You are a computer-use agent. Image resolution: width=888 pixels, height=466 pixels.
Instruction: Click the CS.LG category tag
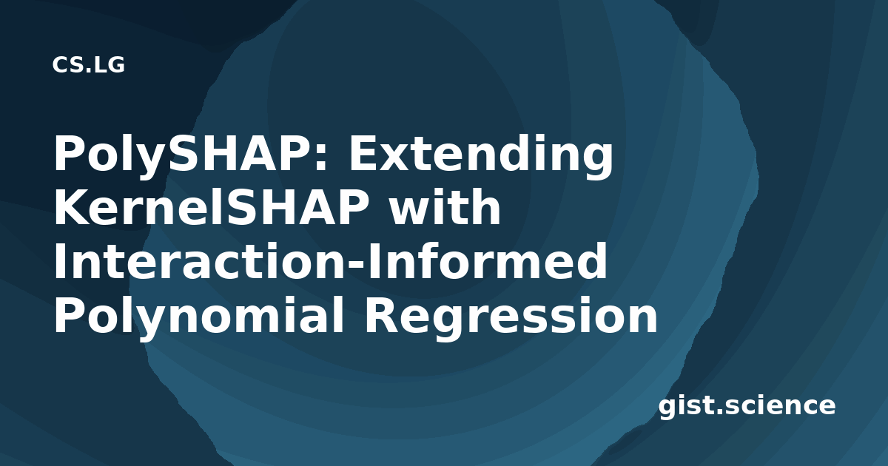coord(88,65)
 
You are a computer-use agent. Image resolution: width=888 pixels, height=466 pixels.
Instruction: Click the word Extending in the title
coord(480,155)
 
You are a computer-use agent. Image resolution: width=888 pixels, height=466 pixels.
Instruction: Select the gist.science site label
coord(747,406)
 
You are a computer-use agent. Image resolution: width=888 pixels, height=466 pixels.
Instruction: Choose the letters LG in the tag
coord(110,65)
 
